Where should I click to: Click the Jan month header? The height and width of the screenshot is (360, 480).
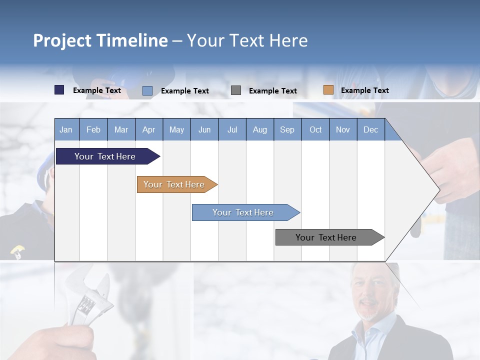point(66,129)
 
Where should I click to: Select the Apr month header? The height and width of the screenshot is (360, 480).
point(149,129)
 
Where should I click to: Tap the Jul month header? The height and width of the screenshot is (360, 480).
point(232,129)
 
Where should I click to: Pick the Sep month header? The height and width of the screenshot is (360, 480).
point(287,129)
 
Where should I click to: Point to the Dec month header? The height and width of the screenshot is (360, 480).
point(370,129)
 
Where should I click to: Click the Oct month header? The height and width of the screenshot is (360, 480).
point(315,129)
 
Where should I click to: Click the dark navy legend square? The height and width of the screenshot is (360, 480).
point(59,90)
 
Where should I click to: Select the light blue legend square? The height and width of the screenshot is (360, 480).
point(147,90)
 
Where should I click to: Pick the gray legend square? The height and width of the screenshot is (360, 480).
point(236,90)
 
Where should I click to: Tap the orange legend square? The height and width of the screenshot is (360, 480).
point(328,90)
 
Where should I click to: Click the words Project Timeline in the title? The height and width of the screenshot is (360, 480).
point(100,40)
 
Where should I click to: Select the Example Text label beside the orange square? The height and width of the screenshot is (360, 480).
point(364,90)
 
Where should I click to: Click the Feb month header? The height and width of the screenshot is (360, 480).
point(93,129)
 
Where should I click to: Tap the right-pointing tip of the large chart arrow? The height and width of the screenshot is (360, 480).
point(438,189)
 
